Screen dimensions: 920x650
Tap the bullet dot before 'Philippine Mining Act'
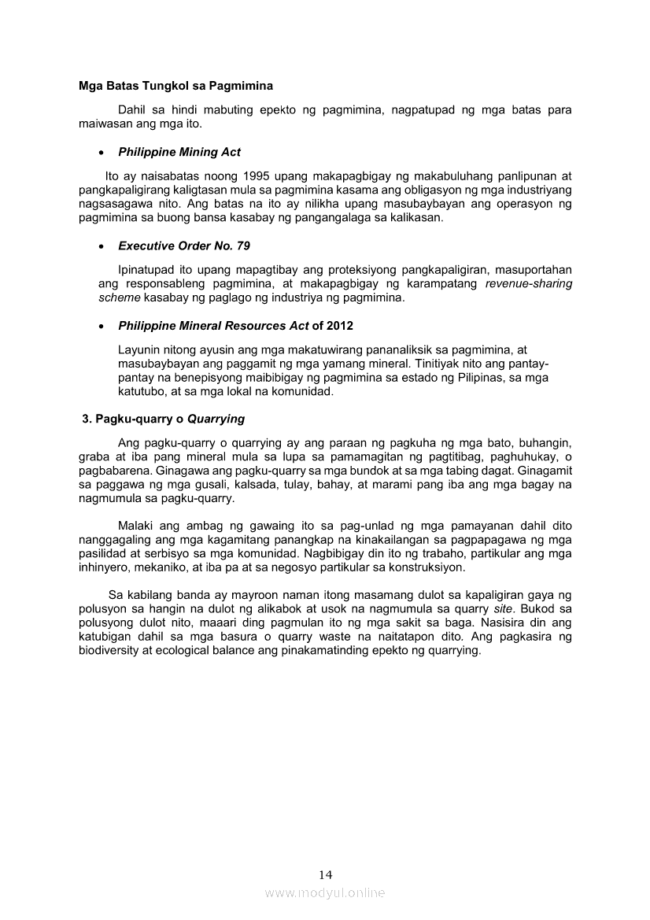(x=103, y=152)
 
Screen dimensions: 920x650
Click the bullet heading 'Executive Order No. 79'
(x=184, y=246)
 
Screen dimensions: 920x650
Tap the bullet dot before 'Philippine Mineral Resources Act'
(x=103, y=326)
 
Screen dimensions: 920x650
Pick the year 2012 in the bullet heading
(x=340, y=326)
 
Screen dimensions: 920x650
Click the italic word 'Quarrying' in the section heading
(x=216, y=419)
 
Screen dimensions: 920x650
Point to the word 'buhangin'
(x=545, y=443)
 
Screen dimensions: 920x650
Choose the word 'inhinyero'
(x=106, y=567)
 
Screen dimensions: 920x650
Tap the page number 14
(x=326, y=874)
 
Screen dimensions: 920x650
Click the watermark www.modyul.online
(x=325, y=892)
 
